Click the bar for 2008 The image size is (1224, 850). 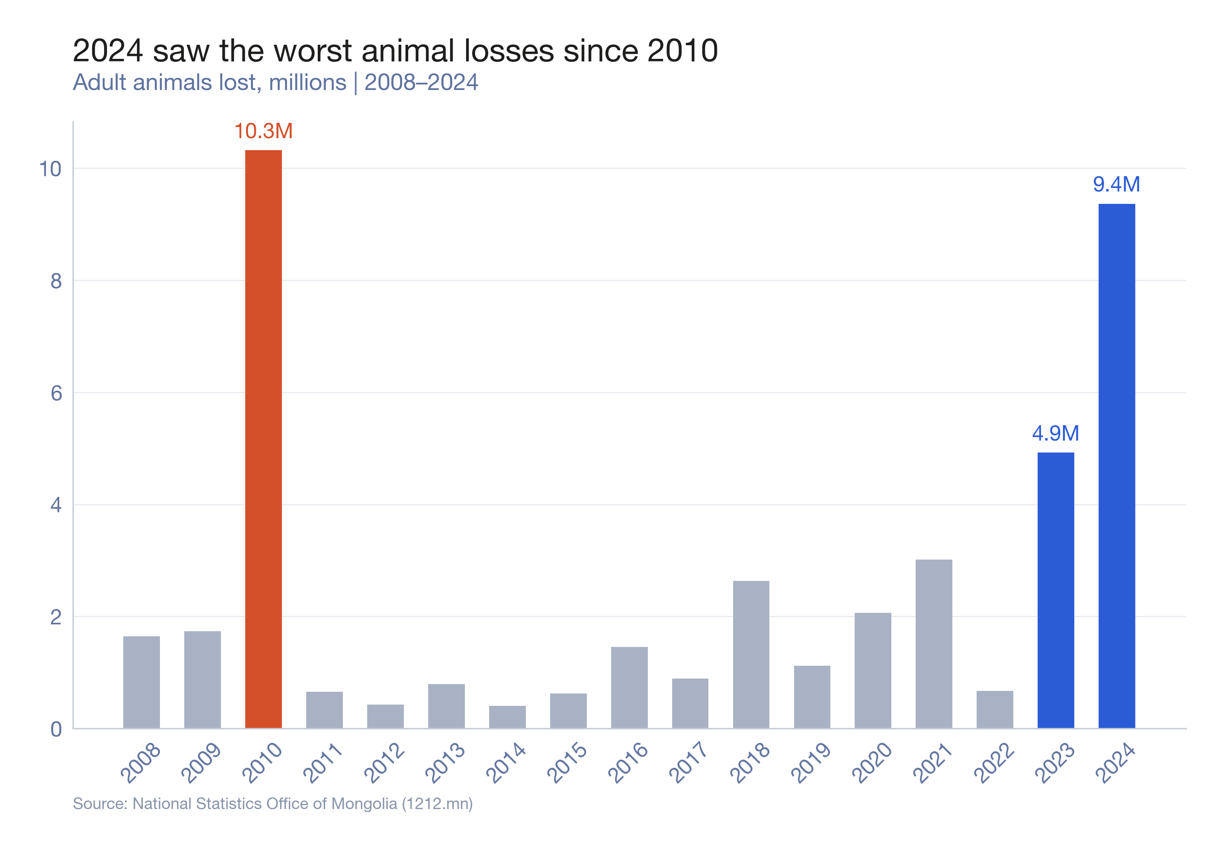[141, 682]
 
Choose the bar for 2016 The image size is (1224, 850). [629, 687]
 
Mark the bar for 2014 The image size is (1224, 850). [507, 717]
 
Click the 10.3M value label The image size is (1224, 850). [263, 131]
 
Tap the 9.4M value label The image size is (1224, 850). [1116, 184]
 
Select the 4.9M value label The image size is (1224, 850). [1055, 433]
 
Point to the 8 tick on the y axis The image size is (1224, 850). [56, 281]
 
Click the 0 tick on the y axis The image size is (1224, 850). [56, 728]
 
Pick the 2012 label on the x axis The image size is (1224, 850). [384, 763]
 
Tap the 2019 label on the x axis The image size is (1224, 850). [811, 763]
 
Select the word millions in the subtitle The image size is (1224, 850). [307, 83]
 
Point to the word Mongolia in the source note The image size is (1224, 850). [364, 803]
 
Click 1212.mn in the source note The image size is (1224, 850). [437, 803]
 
